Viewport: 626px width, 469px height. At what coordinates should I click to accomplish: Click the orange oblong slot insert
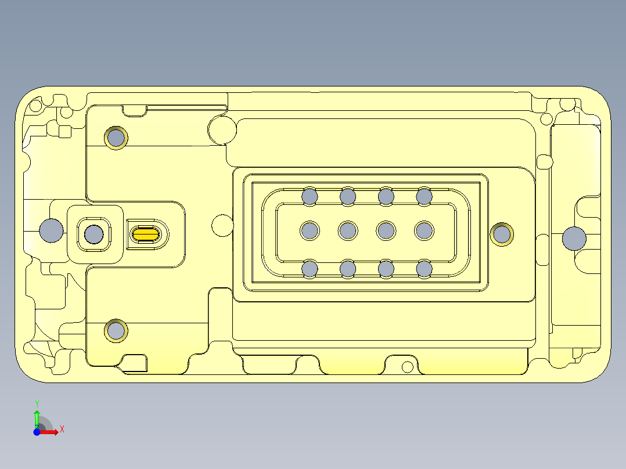click(146, 234)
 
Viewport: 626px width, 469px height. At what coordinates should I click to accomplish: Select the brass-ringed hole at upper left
click(116, 138)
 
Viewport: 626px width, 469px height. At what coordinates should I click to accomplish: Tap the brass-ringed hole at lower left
click(116, 331)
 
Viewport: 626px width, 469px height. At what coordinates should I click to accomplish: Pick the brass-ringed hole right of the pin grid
click(502, 234)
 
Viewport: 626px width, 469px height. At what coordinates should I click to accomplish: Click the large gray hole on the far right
click(574, 238)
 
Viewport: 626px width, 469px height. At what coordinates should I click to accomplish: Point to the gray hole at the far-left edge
click(51, 230)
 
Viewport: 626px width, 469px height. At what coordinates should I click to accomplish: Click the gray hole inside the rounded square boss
click(93, 234)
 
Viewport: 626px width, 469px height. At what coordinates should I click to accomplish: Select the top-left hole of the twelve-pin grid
click(310, 196)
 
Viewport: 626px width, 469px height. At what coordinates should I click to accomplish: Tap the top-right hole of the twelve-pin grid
click(424, 196)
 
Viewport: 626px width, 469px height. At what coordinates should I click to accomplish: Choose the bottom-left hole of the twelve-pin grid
click(310, 269)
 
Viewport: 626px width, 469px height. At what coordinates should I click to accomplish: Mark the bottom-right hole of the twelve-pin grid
click(424, 269)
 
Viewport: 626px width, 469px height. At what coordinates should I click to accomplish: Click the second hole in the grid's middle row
click(348, 231)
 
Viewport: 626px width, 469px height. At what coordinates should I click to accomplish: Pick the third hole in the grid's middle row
click(386, 231)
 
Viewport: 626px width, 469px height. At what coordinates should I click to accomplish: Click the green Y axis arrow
click(37, 416)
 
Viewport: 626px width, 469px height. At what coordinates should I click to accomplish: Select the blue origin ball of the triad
click(37, 432)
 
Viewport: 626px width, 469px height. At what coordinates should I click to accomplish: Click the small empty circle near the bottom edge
click(408, 367)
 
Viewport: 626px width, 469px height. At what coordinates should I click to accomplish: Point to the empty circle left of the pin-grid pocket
click(222, 225)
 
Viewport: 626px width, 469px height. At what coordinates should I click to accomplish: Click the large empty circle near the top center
click(221, 129)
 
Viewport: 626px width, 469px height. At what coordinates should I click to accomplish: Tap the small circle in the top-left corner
click(35, 106)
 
